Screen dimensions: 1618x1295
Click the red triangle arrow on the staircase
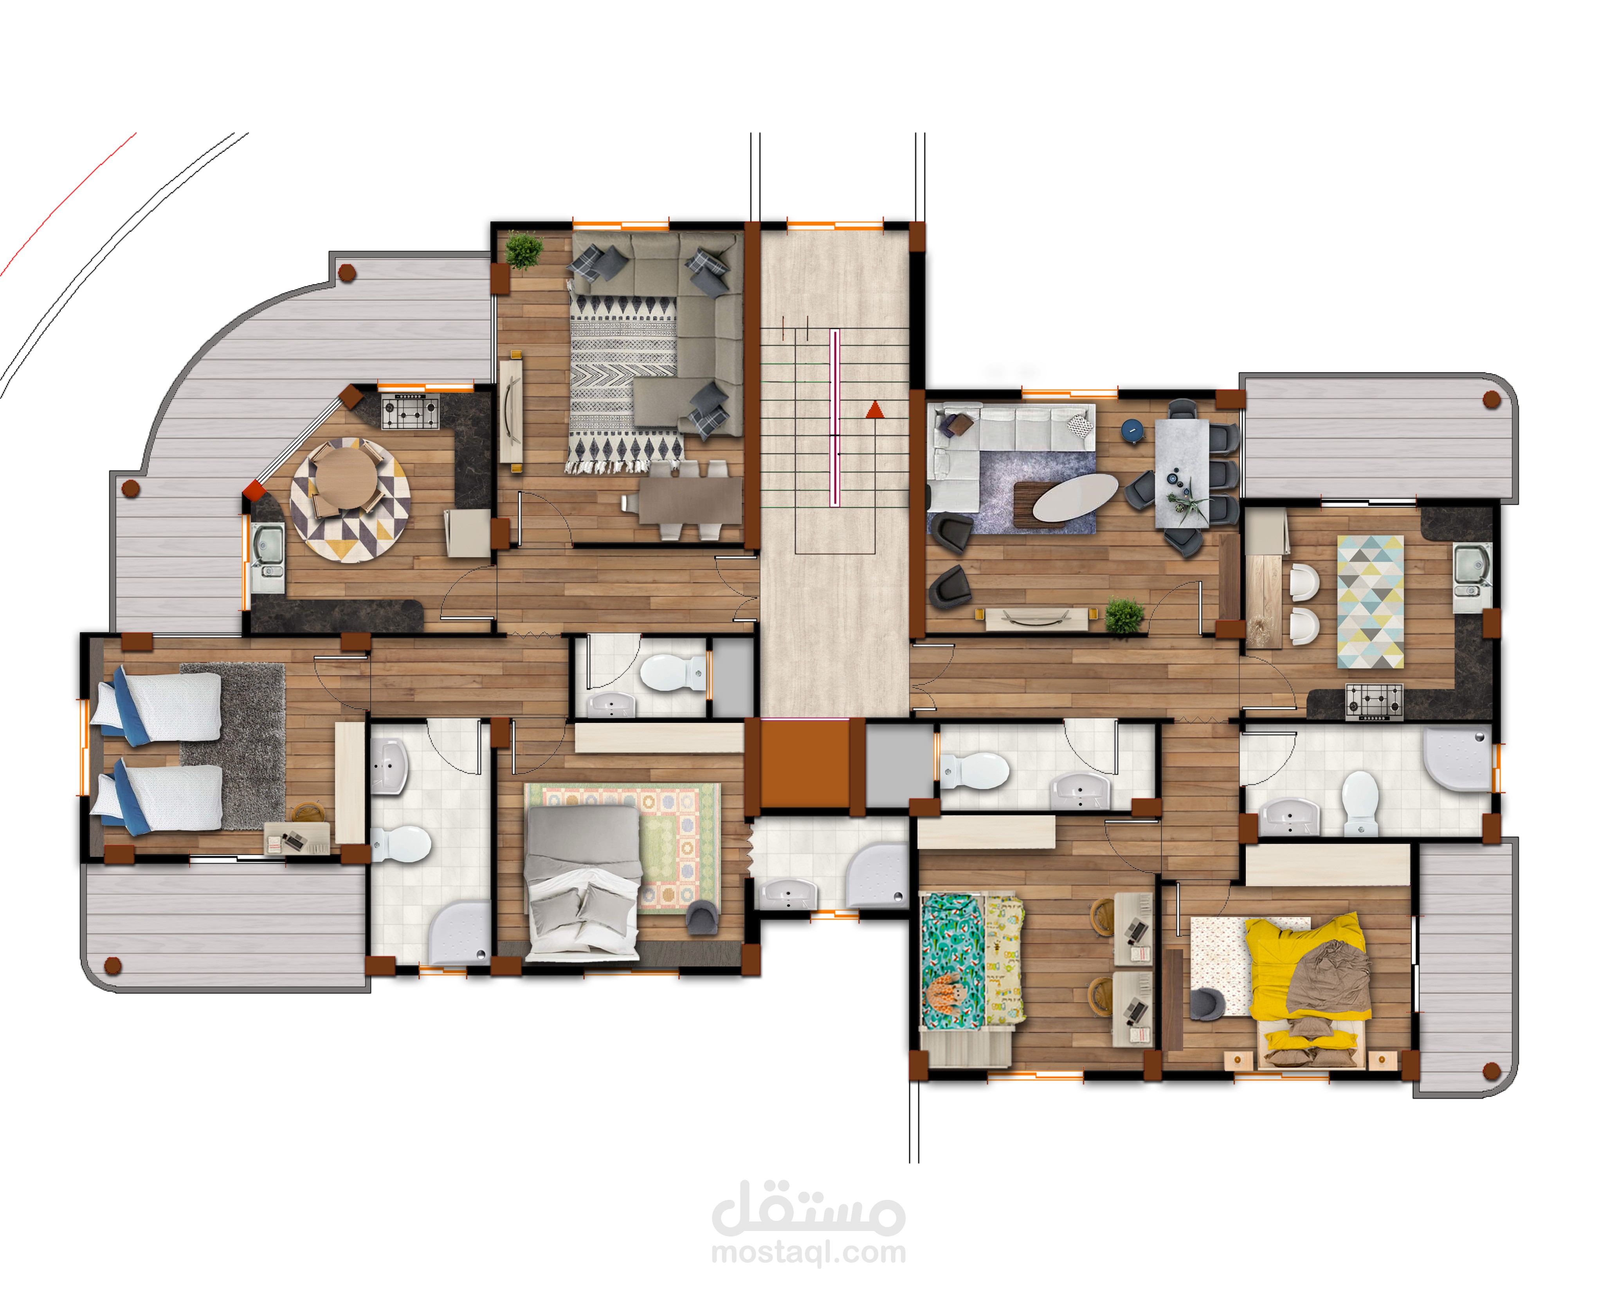pos(874,410)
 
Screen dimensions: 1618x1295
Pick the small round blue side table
pos(1132,430)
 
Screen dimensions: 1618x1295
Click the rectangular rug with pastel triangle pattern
pos(1370,601)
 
